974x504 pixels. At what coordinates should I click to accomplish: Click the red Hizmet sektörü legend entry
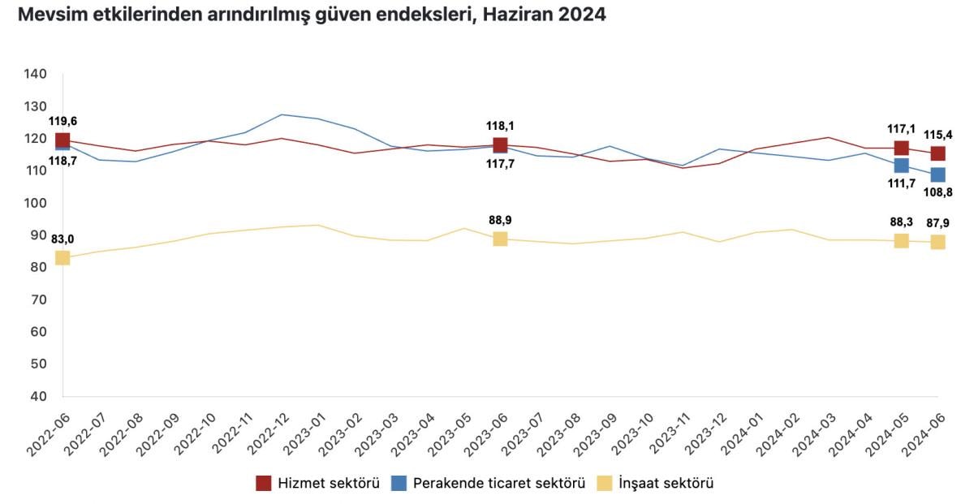tap(318, 484)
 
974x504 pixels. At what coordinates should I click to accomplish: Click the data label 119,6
tap(62, 121)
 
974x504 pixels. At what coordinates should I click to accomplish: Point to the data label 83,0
tap(62, 239)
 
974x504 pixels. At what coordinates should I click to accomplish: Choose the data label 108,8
tap(939, 192)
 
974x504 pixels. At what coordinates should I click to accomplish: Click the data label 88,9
tap(500, 220)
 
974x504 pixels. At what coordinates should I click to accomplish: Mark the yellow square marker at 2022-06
tap(62, 258)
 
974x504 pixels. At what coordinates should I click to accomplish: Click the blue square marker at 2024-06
tap(937, 174)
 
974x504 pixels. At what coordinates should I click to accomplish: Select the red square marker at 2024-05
tap(901, 148)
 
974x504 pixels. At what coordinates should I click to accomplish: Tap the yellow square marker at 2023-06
tap(500, 239)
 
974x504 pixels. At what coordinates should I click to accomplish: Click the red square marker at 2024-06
tap(937, 153)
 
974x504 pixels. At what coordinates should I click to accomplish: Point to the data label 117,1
tap(901, 128)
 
